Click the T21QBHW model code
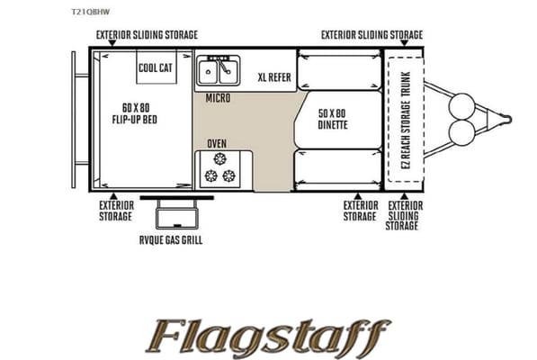click(x=91, y=12)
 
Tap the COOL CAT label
click(x=156, y=67)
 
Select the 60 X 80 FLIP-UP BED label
click(x=135, y=113)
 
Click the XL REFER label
click(x=274, y=77)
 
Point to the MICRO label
click(x=219, y=98)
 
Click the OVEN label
click(x=217, y=143)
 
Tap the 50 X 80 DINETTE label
click(x=333, y=119)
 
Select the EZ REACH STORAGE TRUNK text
click(x=406, y=120)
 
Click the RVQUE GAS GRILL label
click(x=171, y=239)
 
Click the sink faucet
click(x=222, y=64)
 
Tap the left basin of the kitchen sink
click(x=208, y=72)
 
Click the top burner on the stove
click(x=219, y=158)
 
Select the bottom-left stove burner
click(x=211, y=176)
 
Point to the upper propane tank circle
click(x=462, y=106)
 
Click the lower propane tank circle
click(x=462, y=133)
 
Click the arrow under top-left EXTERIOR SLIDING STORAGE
click(x=112, y=43)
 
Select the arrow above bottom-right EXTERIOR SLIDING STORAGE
click(x=404, y=196)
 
